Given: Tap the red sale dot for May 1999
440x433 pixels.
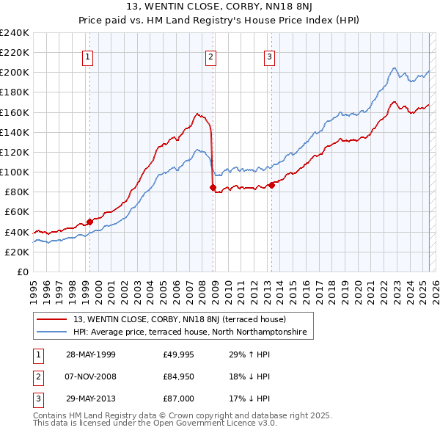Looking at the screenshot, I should [x=89, y=221].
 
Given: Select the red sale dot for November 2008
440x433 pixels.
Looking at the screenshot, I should [x=213, y=187].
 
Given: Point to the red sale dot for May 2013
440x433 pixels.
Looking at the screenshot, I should [x=271, y=185].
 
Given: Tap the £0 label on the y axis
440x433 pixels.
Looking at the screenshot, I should [x=23, y=272].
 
